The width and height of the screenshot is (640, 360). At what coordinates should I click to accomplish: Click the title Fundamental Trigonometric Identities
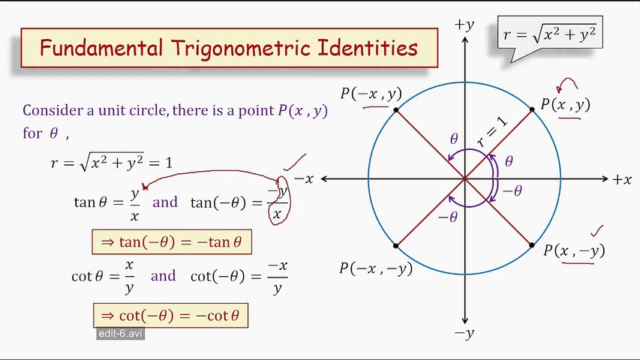tap(228, 49)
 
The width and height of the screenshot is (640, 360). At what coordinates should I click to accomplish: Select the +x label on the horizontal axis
tap(622, 179)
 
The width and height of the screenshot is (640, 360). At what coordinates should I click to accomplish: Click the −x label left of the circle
tap(303, 179)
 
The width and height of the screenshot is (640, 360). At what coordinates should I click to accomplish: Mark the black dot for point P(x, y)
tap(532, 110)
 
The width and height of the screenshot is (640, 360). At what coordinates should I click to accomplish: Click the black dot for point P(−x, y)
tap(396, 111)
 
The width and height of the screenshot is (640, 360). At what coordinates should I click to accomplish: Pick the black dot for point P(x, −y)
tap(532, 245)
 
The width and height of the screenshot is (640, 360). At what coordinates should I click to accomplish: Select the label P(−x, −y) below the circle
tap(376, 268)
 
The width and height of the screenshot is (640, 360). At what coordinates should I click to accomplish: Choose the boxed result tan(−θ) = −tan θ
tap(171, 242)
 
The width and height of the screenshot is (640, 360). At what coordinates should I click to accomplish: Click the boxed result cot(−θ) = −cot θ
tap(170, 316)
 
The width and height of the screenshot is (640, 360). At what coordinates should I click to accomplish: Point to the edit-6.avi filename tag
tap(120, 333)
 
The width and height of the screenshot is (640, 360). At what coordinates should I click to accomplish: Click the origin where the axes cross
tap(464, 179)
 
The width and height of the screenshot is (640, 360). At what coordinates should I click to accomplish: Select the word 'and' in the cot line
tap(163, 276)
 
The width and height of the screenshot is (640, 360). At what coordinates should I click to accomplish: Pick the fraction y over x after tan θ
tap(135, 204)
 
